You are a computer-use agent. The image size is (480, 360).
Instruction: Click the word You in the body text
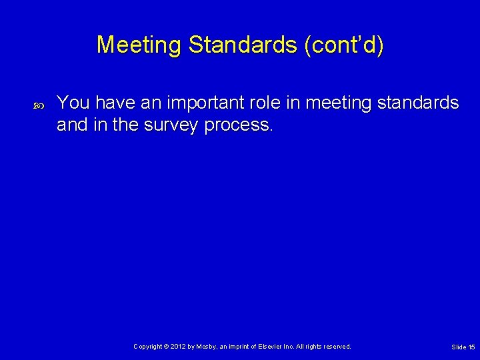point(73,103)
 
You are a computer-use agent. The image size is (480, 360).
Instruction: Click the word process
point(239,124)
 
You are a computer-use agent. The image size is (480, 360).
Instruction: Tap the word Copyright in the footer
point(148,347)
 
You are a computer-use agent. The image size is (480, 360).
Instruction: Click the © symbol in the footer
point(168,347)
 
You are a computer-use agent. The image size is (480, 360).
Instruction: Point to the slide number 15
point(471,347)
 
